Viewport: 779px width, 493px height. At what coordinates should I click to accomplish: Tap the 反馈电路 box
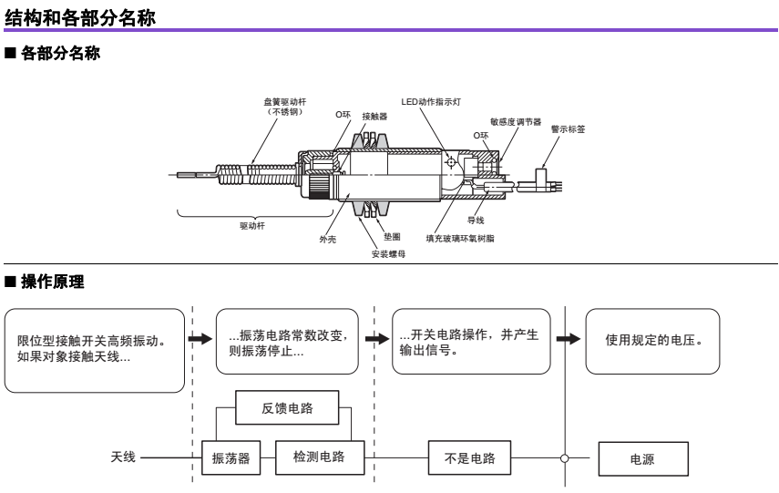pos(287,408)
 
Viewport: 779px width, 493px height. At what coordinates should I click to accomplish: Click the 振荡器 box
pos(231,458)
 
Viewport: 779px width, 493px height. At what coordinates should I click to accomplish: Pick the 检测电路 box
pos(319,457)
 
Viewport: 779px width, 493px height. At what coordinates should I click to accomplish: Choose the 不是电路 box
pos(469,458)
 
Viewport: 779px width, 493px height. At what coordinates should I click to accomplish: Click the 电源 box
pos(642,459)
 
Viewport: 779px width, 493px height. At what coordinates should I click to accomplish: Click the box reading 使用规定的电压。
pos(652,341)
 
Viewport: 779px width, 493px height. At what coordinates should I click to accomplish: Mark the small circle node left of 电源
pos(565,458)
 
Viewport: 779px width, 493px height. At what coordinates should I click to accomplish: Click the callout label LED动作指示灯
pos(431,102)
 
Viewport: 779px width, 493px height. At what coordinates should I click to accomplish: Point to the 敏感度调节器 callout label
pos(515,121)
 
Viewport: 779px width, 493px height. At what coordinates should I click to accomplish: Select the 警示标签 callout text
pos(568,129)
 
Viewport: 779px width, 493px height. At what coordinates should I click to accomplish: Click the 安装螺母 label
pos(388,254)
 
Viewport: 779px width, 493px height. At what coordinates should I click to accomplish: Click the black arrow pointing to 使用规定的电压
pos(569,339)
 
